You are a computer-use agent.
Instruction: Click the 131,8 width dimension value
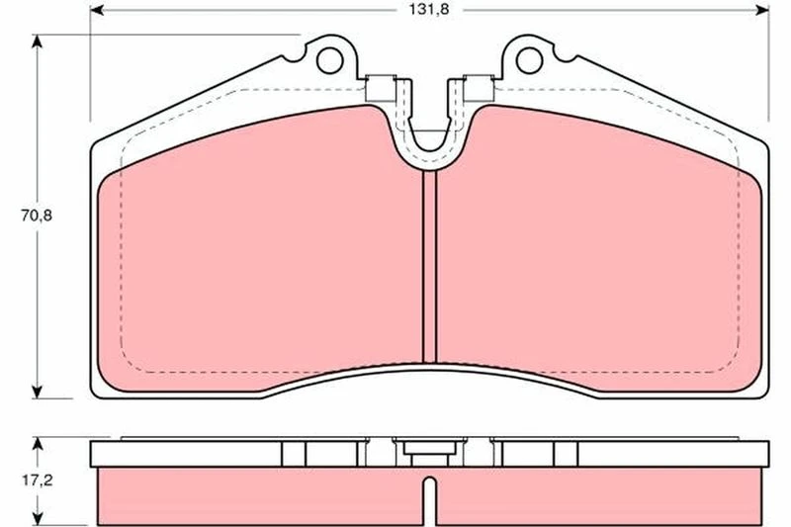tap(429, 10)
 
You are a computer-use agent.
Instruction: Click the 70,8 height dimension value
tap(37, 216)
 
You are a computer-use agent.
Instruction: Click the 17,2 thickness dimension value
tap(37, 481)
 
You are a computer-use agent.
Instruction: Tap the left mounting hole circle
tap(330, 60)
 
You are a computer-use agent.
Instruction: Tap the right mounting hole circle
tap(529, 60)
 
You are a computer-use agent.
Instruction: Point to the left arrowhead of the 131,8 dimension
tap(97, 10)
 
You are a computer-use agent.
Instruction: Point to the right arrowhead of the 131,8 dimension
tap(762, 10)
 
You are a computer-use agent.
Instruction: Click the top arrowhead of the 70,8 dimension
tap(37, 41)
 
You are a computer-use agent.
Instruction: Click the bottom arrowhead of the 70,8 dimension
tap(37, 392)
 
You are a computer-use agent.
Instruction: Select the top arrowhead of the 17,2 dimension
tap(37, 444)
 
